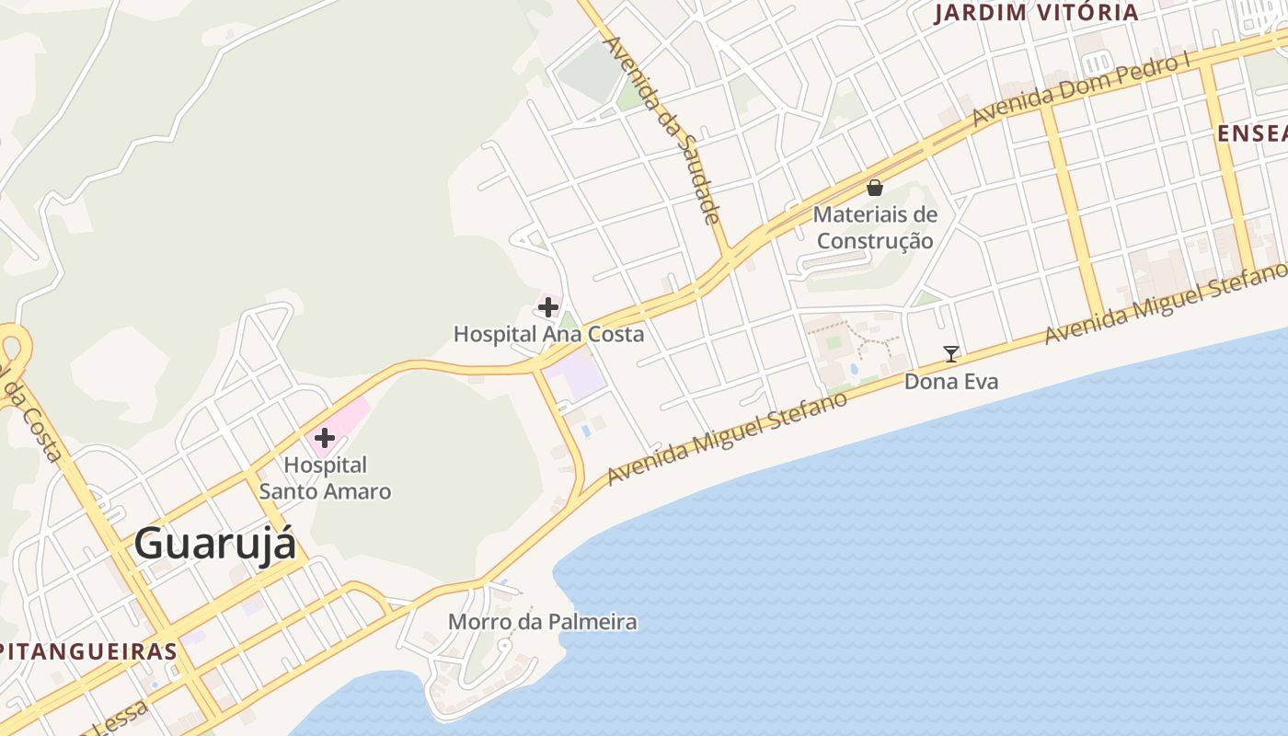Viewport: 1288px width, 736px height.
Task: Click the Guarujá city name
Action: tap(215, 544)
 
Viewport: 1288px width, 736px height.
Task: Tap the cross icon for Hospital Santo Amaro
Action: tap(325, 438)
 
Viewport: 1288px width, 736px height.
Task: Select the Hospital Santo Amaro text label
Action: tap(325, 478)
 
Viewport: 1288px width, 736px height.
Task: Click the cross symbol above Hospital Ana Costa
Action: tap(548, 306)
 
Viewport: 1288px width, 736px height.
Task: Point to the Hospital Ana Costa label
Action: tap(548, 334)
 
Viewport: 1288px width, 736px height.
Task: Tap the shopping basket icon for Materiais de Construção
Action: tap(875, 188)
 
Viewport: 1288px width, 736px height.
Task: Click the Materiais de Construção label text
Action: tap(875, 228)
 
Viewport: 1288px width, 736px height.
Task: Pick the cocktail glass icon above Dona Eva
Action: tap(951, 353)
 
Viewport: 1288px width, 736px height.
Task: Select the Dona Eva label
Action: tap(951, 381)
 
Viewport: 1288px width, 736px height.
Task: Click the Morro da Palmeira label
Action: tap(542, 622)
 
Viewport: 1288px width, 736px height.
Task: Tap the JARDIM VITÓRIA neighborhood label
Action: tap(1036, 13)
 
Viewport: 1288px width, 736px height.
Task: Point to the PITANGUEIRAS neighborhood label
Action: tap(88, 651)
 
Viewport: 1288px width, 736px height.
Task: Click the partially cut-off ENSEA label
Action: tap(1251, 133)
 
